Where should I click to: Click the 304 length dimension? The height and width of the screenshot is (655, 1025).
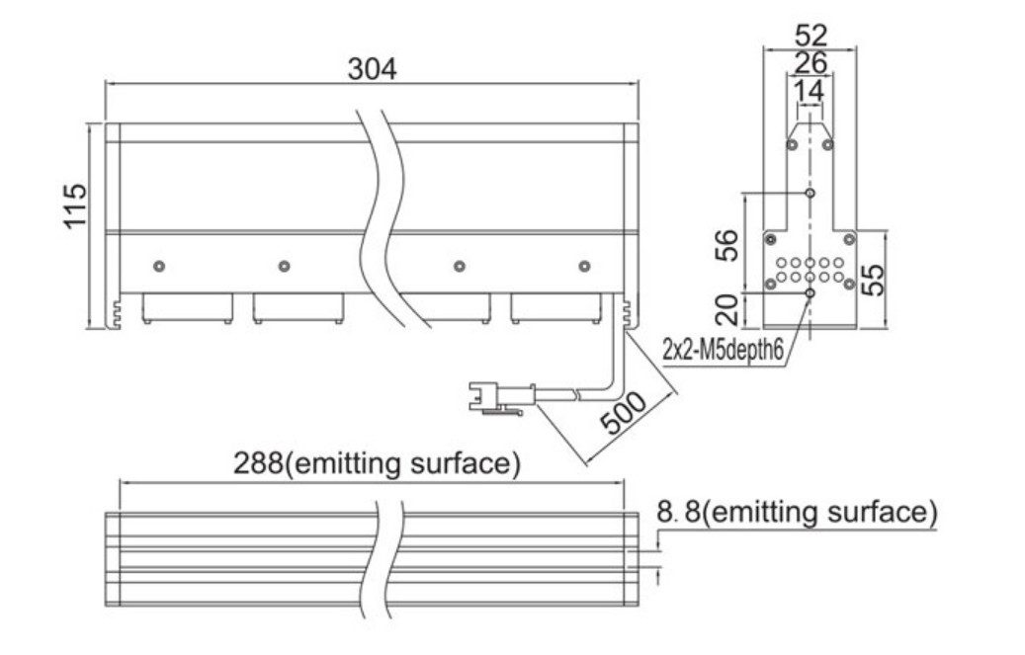[372, 68]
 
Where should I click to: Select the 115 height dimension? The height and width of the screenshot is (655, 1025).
[75, 205]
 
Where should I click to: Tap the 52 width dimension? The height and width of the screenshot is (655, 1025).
[811, 35]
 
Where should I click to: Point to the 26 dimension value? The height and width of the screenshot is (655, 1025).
[811, 63]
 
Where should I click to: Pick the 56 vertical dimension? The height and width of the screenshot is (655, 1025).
[726, 245]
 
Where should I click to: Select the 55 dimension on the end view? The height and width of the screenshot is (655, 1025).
[873, 280]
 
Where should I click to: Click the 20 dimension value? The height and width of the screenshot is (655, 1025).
[726, 309]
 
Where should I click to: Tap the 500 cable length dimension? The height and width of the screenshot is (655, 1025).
[623, 414]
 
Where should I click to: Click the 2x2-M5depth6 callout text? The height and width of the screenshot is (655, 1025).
[723, 351]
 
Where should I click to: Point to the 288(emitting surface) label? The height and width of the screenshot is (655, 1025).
[378, 463]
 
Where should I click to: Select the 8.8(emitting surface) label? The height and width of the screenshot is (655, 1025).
[797, 511]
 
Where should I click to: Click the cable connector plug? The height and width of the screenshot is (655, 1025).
[502, 397]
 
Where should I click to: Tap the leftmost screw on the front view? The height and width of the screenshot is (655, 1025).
[159, 266]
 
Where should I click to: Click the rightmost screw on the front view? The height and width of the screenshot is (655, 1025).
[585, 266]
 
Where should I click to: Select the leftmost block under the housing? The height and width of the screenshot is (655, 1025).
[188, 308]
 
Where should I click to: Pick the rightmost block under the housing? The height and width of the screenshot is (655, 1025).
[555, 308]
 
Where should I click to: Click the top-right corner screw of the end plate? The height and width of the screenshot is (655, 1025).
[849, 239]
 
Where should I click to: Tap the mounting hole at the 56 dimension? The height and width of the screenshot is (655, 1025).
[810, 193]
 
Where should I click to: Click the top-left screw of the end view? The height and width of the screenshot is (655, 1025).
[793, 144]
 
